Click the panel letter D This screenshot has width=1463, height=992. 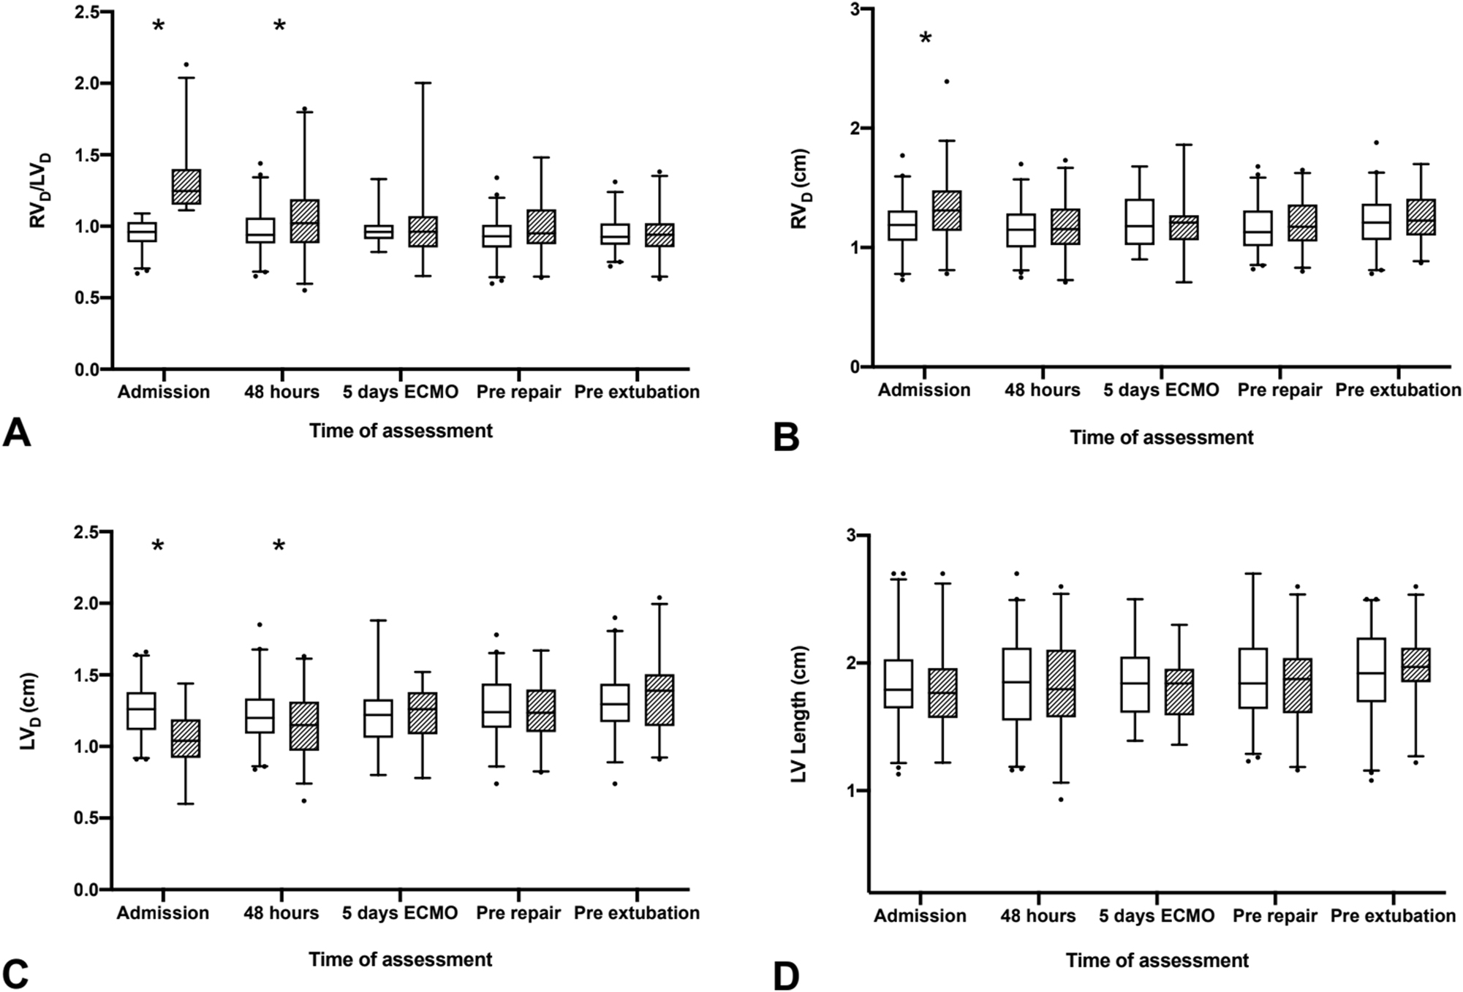[x=786, y=977]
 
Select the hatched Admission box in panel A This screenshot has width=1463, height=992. [x=186, y=186]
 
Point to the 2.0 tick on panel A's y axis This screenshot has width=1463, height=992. [x=88, y=83]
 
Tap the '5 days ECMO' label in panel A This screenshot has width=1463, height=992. [x=400, y=392]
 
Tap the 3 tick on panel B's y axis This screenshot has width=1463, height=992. [x=853, y=9]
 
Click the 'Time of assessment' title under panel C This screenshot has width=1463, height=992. [x=400, y=959]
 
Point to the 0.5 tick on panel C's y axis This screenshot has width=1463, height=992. [x=88, y=818]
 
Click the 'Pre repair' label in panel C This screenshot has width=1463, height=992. [x=518, y=913]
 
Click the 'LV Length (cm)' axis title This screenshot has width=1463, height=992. [x=800, y=713]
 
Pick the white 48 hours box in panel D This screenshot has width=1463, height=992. [x=1017, y=684]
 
